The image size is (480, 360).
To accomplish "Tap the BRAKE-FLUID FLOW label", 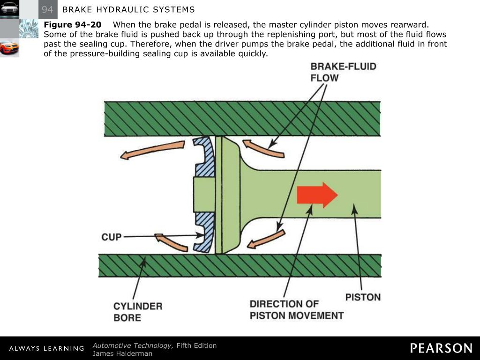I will (x=343, y=72).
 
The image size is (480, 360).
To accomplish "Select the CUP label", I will (x=112, y=237).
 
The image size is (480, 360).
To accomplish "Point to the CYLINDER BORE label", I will (x=138, y=312).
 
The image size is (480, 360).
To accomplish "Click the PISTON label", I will (x=363, y=297).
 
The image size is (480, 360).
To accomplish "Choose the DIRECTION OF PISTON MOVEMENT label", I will (x=297, y=310).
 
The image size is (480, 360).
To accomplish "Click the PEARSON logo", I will (x=441, y=348).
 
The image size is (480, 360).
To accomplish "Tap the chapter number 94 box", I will (x=47, y=9).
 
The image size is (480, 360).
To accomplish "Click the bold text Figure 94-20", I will (x=73, y=25).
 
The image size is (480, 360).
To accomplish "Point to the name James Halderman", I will (x=122, y=353).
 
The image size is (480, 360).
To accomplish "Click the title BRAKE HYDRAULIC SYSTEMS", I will (x=128, y=10).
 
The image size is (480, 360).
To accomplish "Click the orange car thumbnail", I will (x=9, y=48).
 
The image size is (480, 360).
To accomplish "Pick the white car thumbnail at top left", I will (x=9, y=9).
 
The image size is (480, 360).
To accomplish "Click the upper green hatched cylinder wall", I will (x=242, y=119).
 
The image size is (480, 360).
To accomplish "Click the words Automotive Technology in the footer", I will (x=133, y=345).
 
